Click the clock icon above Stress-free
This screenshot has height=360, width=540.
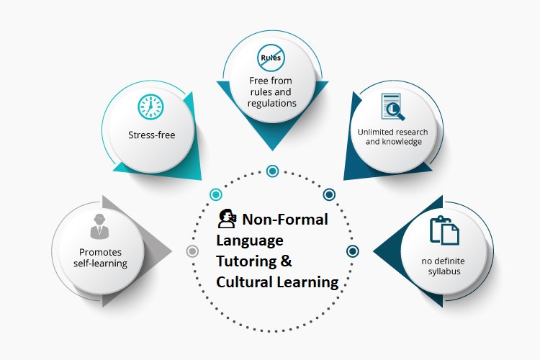coord(150,107)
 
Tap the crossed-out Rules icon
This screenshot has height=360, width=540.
coord(271,58)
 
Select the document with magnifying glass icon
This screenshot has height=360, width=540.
coord(393,107)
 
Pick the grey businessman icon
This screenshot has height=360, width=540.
coord(99,226)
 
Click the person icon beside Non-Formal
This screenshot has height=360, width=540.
coord(228,218)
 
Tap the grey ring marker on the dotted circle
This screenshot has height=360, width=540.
coord(192,251)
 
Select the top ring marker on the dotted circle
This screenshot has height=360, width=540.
coord(272,171)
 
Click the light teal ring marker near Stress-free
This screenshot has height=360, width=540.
coord(216,194)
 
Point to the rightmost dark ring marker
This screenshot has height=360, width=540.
coord(352,251)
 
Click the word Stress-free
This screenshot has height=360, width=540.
coord(151,135)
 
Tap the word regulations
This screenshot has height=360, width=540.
coord(271,104)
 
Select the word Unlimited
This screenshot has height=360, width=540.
coord(373,132)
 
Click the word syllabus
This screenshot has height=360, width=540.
coord(444,271)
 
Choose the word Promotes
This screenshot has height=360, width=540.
coord(100,252)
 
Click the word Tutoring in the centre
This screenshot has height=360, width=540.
coord(246,261)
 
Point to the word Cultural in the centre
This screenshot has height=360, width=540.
coord(245,282)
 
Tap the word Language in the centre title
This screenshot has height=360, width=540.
coord(250,240)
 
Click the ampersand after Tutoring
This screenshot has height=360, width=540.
coord(286,261)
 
